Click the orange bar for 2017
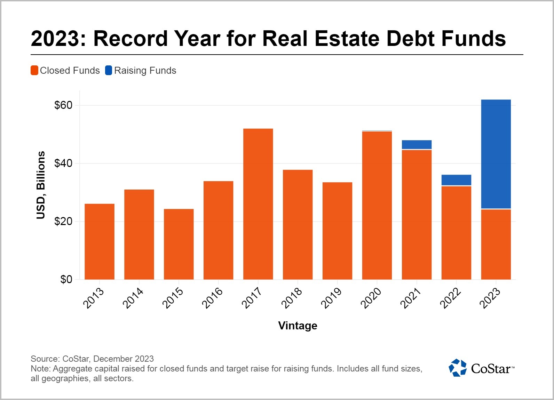coord(258,204)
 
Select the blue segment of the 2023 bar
coord(496,154)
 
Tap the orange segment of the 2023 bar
coord(496,244)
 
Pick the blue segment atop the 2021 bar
coord(417,145)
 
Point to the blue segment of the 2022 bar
coord(456,180)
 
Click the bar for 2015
coord(179,244)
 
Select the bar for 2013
coord(100,241)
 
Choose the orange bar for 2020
coord(377,205)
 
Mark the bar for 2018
coord(298,224)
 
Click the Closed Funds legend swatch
coord(34,71)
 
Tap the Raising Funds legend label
coord(145,71)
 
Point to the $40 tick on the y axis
coord(63,163)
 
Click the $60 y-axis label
coord(63,105)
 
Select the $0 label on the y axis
coord(66,279)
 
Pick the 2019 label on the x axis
coord(331,298)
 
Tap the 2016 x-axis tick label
coord(212,298)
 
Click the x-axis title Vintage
coord(298,326)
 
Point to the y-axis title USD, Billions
coord(41,185)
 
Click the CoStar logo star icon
coord(457,368)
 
